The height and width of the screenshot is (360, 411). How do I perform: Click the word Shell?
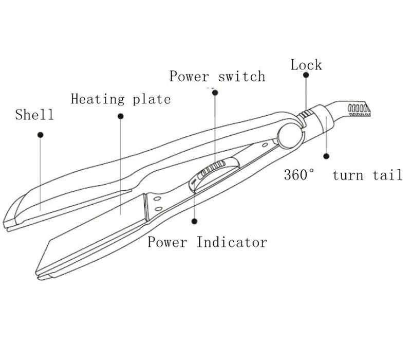pyautogui.click(x=34, y=115)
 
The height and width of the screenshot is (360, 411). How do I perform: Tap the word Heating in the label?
pyautogui.click(x=98, y=99)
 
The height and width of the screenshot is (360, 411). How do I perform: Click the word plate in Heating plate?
pyautogui.click(x=152, y=100)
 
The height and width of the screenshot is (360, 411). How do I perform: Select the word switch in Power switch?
pyautogui.click(x=242, y=76)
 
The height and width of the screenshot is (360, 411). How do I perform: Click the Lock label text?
pyautogui.click(x=306, y=65)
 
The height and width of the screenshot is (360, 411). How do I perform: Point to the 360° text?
pyautogui.click(x=299, y=174)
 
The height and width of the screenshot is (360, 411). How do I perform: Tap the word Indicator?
pyautogui.click(x=232, y=242)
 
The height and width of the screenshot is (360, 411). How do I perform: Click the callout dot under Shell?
pyautogui.click(x=41, y=135)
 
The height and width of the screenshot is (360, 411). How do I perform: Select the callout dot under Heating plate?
pyautogui.click(x=121, y=116)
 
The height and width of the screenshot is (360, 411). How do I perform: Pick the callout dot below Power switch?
pyautogui.click(x=215, y=93)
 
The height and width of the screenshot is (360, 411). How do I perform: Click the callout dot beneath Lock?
pyautogui.click(x=306, y=75)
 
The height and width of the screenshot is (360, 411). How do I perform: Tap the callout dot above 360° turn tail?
pyautogui.click(x=326, y=156)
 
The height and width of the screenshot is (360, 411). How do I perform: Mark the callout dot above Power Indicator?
pyautogui.click(x=194, y=221)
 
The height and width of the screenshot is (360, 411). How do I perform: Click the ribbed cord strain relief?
pyautogui.click(x=359, y=110)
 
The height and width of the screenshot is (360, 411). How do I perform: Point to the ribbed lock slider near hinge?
pyautogui.click(x=306, y=114)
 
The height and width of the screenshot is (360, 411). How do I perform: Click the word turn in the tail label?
pyautogui.click(x=348, y=175)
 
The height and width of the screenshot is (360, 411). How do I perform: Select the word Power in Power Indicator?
pyautogui.click(x=167, y=242)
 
